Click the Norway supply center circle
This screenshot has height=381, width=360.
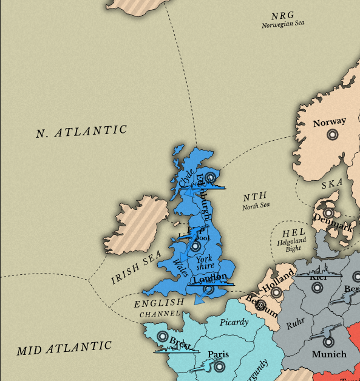point(331,135)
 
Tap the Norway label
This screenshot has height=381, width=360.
point(329,123)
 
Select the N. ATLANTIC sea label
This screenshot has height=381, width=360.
point(81,132)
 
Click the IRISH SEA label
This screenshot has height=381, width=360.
point(135,270)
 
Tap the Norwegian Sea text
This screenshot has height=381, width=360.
point(284,25)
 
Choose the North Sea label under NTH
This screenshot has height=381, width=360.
point(256,206)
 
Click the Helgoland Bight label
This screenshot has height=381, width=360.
point(289,245)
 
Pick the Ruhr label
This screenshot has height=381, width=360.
point(296,325)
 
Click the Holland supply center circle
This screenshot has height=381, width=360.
point(277,292)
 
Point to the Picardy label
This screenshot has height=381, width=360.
point(234,322)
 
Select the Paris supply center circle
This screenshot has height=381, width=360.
point(219,366)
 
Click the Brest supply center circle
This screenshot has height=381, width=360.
point(162,336)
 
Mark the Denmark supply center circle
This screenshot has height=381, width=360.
point(328,213)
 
